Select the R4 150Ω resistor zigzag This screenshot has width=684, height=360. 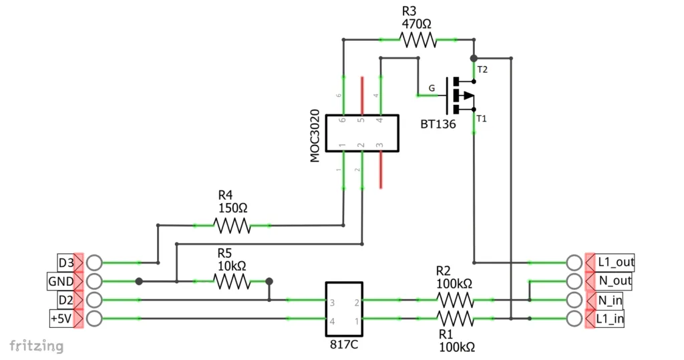[x=232, y=226]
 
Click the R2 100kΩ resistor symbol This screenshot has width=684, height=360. [x=455, y=299]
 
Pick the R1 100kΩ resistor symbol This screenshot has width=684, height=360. [x=455, y=319]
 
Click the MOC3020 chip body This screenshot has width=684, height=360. [x=361, y=134]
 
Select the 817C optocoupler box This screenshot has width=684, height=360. [x=343, y=311]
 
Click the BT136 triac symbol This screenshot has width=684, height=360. [x=460, y=96]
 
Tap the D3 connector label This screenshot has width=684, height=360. [x=65, y=262]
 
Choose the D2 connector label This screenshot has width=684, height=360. [x=65, y=299]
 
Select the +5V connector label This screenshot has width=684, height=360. [x=61, y=319]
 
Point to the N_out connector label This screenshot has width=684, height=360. [x=614, y=281]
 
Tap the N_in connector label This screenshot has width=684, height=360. [x=609, y=300]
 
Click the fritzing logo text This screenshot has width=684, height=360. [x=37, y=345]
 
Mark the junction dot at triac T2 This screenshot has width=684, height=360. [x=474, y=59]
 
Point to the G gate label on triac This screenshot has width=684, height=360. [x=432, y=87]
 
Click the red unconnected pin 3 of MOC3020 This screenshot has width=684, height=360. [x=380, y=170]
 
